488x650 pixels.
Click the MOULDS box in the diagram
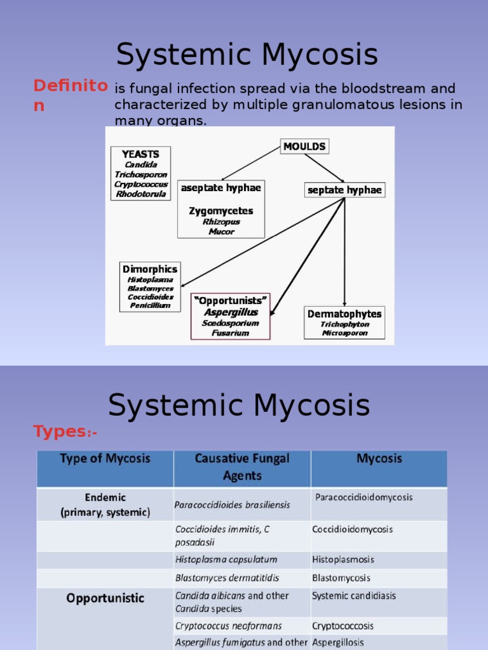pyautogui.click(x=304, y=147)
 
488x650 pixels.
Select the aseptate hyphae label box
pyautogui.click(x=221, y=188)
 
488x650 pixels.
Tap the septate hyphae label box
pyautogui.click(x=345, y=190)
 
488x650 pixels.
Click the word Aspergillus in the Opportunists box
pyautogui.click(x=231, y=312)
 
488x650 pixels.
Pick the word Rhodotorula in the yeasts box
pyautogui.click(x=142, y=194)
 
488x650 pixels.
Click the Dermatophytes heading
pyautogui.click(x=344, y=314)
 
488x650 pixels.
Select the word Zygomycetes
pyautogui.click(x=221, y=211)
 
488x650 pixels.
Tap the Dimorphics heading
pyautogui.click(x=150, y=269)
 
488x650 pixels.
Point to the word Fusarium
pyautogui.click(x=231, y=333)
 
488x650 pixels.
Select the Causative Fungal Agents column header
pyautogui.click(x=242, y=467)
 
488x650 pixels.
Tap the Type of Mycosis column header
pyautogui.click(x=105, y=458)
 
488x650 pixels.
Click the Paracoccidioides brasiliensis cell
pyautogui.click(x=233, y=505)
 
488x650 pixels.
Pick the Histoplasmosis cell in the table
pyautogui.click(x=343, y=560)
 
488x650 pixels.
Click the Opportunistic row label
pyautogui.click(x=105, y=598)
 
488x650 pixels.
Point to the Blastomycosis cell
pyautogui.click(x=341, y=578)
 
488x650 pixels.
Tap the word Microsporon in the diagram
pyautogui.click(x=344, y=333)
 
